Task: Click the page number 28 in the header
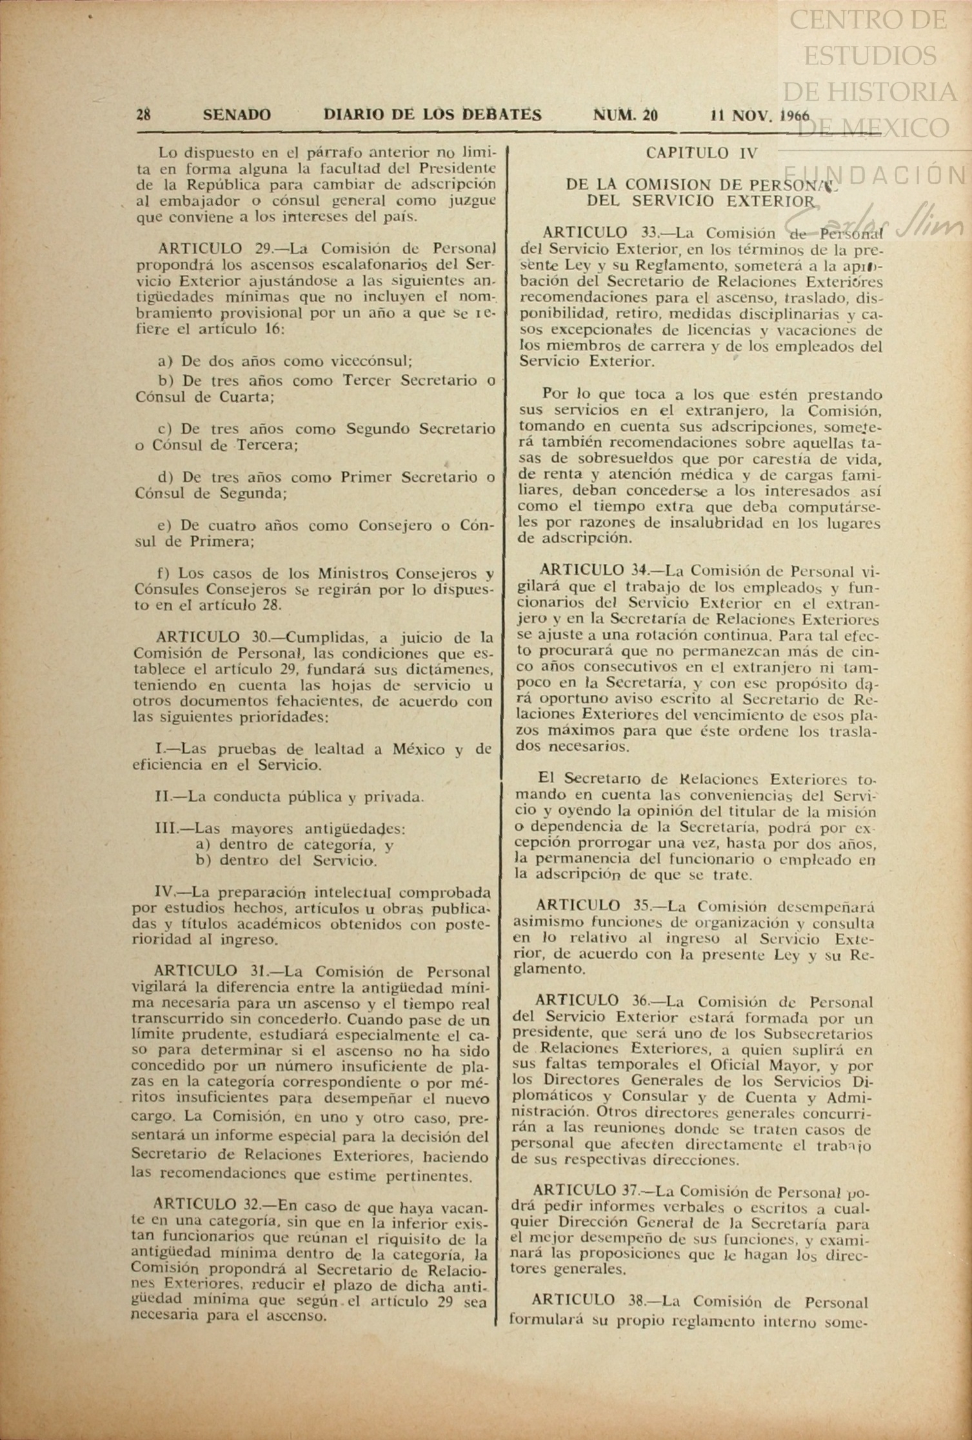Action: tap(143, 115)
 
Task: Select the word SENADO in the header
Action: tap(237, 115)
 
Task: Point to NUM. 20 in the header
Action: tap(625, 115)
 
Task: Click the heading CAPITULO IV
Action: tap(701, 154)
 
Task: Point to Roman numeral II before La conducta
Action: tap(162, 797)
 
